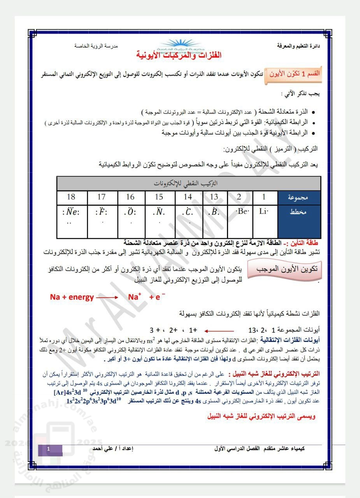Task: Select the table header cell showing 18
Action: (x=72, y=197)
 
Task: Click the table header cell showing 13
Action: (x=214, y=197)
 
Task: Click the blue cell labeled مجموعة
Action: (x=299, y=197)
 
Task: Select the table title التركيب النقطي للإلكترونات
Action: (x=189, y=183)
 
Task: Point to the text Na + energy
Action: (x=72, y=297)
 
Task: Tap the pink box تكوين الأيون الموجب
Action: (x=286, y=269)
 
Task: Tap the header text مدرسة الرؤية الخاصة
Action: (x=96, y=46)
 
